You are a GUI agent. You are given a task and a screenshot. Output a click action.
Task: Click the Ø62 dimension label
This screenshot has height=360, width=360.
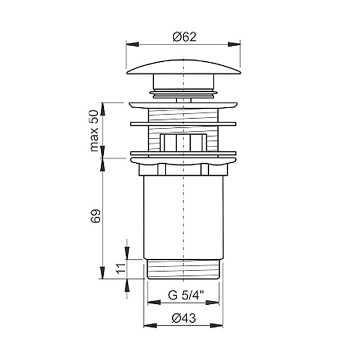pyautogui.click(x=184, y=37)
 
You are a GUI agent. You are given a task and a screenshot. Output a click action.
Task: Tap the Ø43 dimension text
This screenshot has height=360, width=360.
pyautogui.click(x=184, y=318)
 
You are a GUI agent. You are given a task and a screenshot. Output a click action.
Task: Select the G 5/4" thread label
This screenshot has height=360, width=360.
pyautogui.click(x=186, y=295)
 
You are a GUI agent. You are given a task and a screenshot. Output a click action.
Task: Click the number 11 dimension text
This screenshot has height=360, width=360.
pyautogui.click(x=121, y=268)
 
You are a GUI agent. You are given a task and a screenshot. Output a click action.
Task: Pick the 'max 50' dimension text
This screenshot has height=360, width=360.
pyautogui.click(x=94, y=131)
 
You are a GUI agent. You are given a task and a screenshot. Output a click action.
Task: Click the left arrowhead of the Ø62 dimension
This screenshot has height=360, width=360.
pyautogui.click(x=133, y=44)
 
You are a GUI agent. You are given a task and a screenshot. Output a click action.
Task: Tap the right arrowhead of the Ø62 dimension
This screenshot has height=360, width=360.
pyautogui.click(x=234, y=44)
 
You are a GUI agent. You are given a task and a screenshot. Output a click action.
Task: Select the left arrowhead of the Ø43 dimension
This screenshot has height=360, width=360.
pyautogui.click(x=150, y=325)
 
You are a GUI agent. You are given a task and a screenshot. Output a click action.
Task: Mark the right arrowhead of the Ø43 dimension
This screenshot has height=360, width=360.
pyautogui.click(x=216, y=325)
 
